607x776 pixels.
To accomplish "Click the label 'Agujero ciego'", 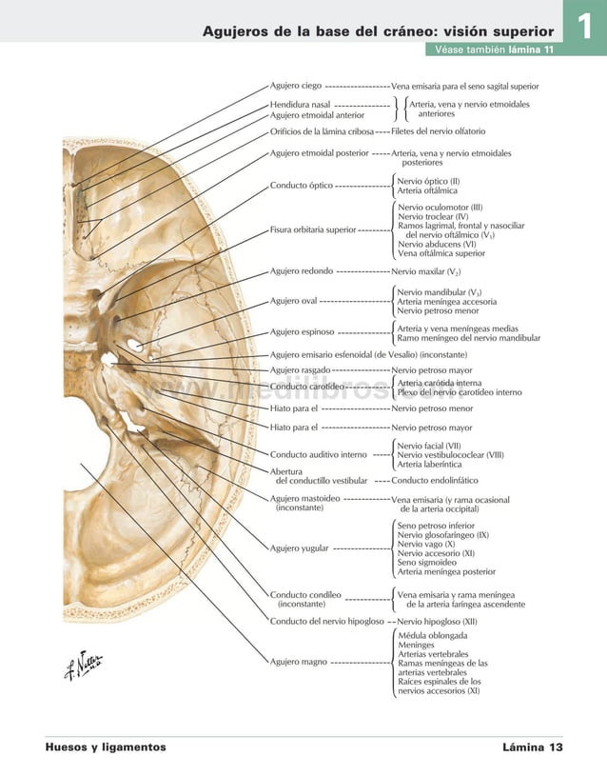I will click(x=295, y=86).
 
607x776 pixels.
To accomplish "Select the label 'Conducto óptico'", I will click(x=302, y=185).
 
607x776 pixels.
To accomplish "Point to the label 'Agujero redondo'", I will click(x=302, y=271).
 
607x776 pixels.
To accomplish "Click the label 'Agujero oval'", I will click(x=294, y=301).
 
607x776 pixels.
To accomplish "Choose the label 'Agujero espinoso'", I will click(x=302, y=332).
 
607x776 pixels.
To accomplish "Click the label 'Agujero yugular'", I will click(x=300, y=548).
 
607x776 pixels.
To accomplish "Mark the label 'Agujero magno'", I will click(x=299, y=661).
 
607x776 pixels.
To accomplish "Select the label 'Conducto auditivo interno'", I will click(x=319, y=454).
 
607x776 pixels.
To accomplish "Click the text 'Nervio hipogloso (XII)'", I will click(x=438, y=621).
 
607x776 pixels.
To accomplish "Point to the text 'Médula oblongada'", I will click(x=432, y=634).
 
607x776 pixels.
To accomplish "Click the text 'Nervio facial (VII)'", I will click(x=429, y=445).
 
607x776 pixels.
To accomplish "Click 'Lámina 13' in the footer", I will click(x=533, y=747).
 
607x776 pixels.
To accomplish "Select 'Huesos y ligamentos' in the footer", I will click(x=106, y=747).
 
